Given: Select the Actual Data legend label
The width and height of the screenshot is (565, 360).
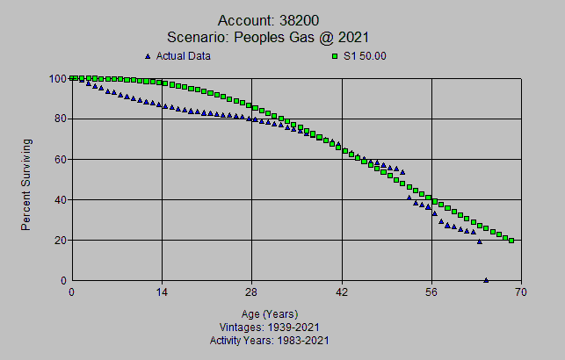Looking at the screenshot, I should point(183,56).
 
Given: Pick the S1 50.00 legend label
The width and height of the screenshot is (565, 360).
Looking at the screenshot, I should point(365,56).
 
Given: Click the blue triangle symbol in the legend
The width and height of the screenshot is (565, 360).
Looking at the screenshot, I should point(148,56).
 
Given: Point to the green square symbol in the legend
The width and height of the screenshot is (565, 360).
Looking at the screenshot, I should point(335,56).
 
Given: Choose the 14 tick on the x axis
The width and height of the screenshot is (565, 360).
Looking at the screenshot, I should point(162,292).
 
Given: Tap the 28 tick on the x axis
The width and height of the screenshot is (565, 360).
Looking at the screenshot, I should point(251,292).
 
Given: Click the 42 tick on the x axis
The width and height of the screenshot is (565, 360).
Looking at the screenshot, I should point(342,292).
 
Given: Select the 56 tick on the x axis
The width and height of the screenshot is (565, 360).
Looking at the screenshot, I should point(431,292).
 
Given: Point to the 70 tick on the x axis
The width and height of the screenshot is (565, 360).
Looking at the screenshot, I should point(522,292).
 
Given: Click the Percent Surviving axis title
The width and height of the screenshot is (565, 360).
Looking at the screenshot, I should point(26,184).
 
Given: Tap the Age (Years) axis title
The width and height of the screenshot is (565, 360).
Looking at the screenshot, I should point(270,313).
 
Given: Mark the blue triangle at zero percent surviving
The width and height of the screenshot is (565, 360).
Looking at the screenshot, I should point(486,280).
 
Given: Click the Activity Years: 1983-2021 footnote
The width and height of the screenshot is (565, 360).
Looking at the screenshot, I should point(270,339).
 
